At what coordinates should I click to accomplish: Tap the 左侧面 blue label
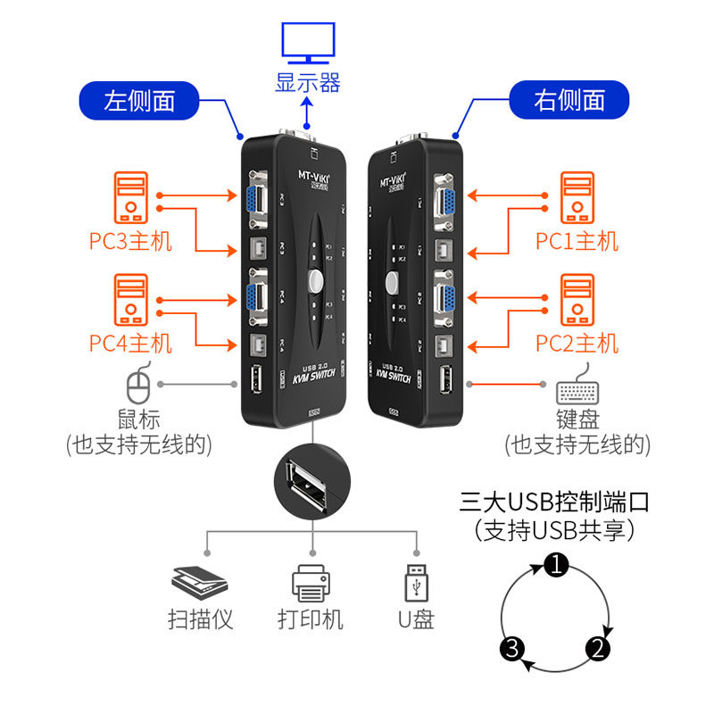(139, 100)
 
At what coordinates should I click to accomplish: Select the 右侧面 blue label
(569, 100)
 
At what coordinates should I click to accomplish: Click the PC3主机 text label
(130, 241)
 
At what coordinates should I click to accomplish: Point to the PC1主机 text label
(577, 241)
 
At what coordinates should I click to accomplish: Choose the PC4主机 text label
(130, 343)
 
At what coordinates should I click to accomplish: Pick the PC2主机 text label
(577, 343)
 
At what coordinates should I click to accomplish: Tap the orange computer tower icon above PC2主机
(577, 300)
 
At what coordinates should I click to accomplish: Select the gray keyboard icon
(577, 390)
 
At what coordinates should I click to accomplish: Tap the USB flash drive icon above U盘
(415, 582)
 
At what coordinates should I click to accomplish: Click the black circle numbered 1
(556, 564)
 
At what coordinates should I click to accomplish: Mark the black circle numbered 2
(599, 648)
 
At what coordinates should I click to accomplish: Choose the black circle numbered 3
(511, 648)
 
